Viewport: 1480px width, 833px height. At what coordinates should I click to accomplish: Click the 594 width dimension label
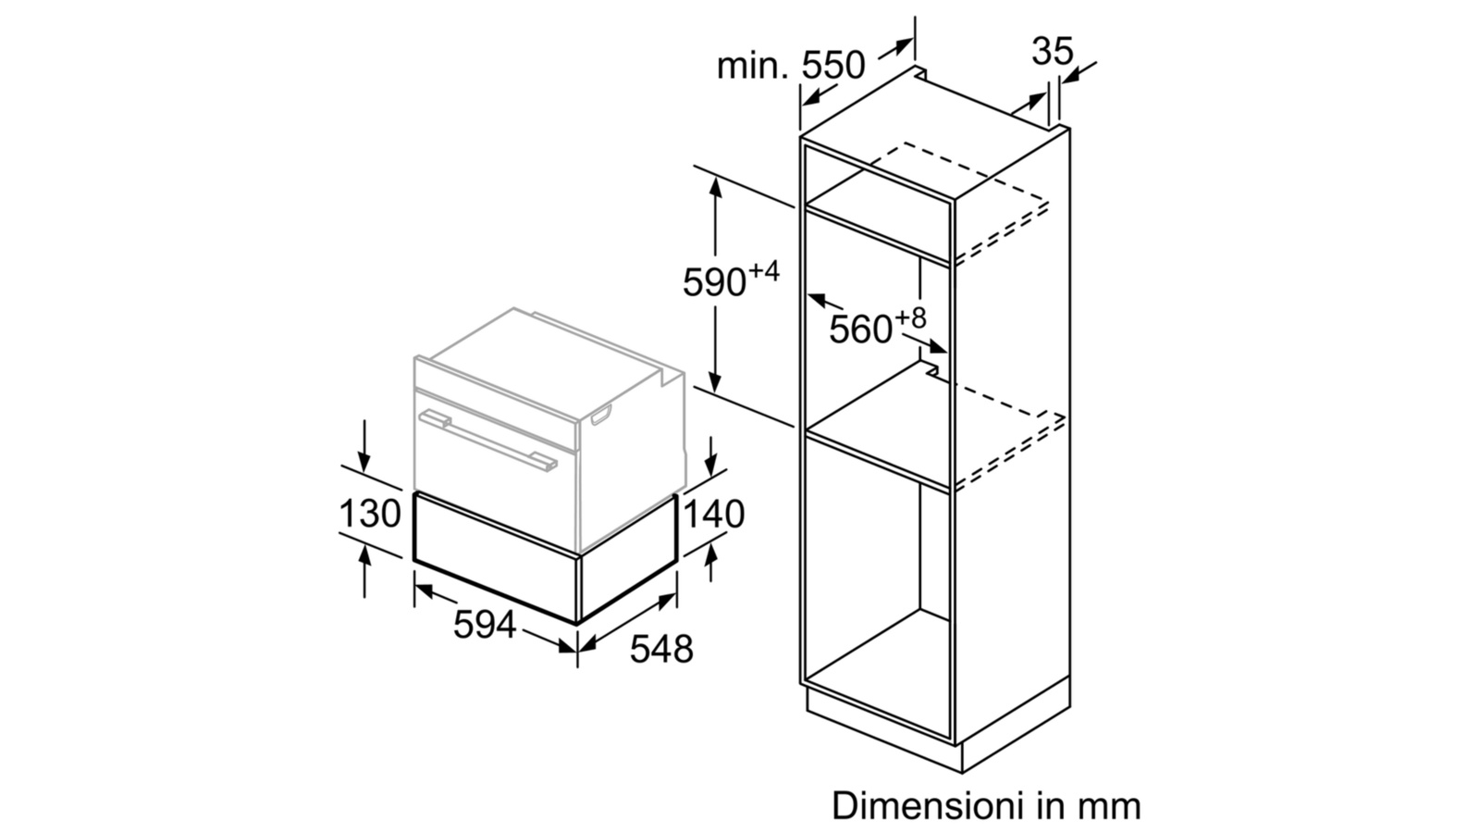point(485,624)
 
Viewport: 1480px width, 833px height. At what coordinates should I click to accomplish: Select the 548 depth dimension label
point(661,649)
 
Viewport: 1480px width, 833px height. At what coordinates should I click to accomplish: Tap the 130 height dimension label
point(370,513)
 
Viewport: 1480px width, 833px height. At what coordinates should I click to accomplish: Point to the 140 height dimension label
point(713,514)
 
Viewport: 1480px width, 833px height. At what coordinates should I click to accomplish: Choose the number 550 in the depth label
point(833,66)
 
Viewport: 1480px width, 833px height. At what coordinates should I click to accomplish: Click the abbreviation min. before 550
point(753,66)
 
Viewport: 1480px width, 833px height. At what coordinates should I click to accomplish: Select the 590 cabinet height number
point(714,282)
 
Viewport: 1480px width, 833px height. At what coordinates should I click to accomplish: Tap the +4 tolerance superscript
point(764,270)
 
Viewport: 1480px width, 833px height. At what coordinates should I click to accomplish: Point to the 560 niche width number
point(861,329)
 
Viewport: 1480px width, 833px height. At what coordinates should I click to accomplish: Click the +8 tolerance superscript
point(911,318)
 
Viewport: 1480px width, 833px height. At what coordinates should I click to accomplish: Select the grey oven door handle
point(488,441)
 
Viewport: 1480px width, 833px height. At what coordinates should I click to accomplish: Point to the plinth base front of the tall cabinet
point(884,729)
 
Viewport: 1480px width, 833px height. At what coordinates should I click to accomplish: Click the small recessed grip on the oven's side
point(601,416)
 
